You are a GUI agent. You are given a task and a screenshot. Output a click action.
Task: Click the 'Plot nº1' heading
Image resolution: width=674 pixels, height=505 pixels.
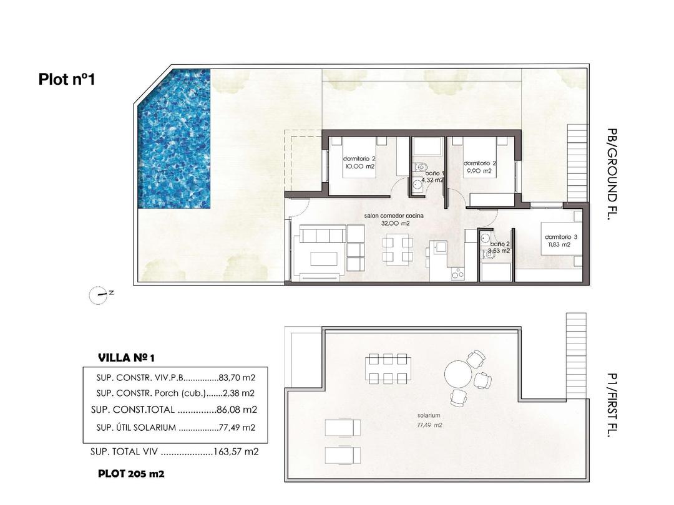pos(66,79)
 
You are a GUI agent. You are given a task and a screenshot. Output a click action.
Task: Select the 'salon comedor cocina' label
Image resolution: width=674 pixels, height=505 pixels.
pos(394,216)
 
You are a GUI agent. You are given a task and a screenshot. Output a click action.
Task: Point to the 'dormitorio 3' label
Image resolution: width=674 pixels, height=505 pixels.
pos(561,237)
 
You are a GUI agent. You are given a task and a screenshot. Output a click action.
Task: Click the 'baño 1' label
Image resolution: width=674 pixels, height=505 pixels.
pos(433,173)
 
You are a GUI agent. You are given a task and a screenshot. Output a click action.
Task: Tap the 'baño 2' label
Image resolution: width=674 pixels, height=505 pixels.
pos(500,244)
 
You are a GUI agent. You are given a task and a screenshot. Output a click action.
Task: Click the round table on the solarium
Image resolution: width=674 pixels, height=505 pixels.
pos(461,375)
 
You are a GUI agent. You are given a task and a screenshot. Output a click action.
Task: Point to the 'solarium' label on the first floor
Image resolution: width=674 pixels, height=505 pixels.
pos(429,415)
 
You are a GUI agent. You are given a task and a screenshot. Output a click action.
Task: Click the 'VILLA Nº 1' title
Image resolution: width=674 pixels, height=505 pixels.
pos(126,358)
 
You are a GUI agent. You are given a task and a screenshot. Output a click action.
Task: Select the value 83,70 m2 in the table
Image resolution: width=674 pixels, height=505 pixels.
pos(238,377)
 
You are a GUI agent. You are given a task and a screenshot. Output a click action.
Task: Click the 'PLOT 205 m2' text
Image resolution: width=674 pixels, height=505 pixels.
pos(131,474)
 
